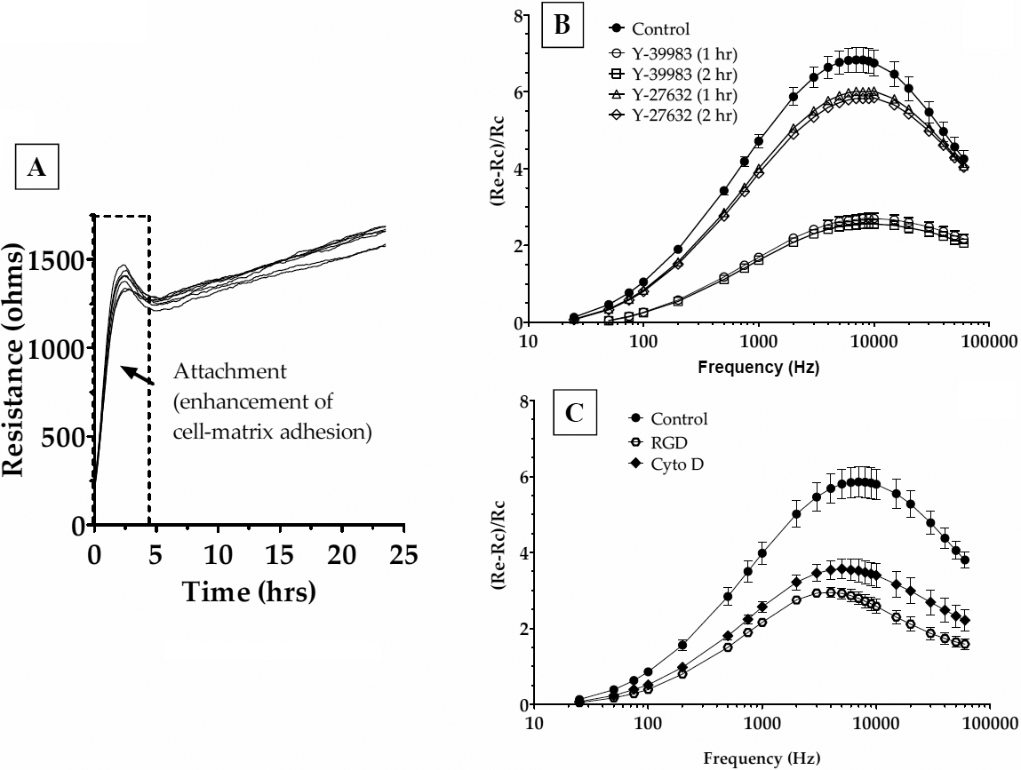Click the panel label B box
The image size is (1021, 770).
coord(562,25)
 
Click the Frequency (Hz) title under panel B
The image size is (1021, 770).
coord(761,365)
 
